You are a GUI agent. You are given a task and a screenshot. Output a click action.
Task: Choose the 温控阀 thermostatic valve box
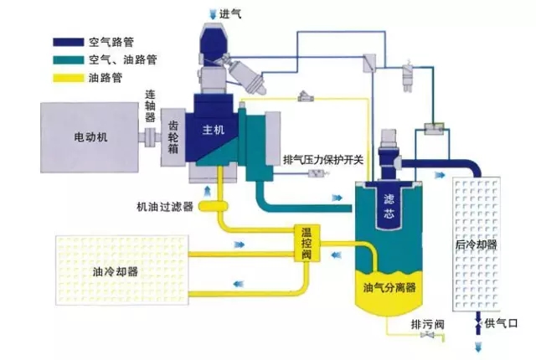pos(307,242)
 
